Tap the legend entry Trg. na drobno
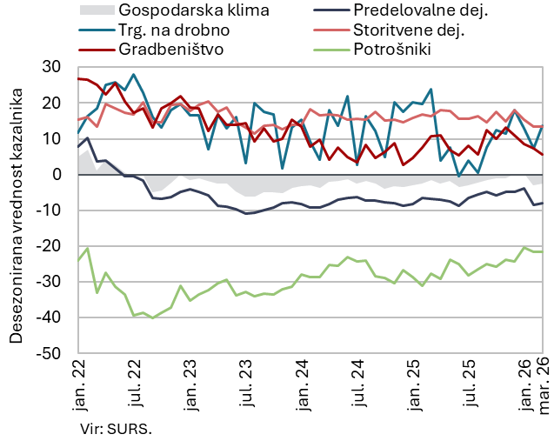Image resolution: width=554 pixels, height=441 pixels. click(164, 30)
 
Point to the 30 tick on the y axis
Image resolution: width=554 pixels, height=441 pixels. click(51, 67)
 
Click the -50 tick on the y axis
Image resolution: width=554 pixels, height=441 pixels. click(49, 354)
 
